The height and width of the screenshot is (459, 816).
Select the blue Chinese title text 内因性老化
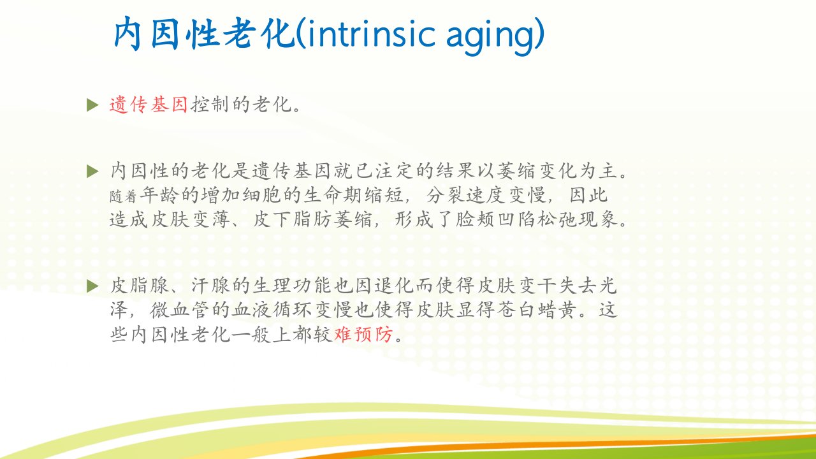click(203, 34)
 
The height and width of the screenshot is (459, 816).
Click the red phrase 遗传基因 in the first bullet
click(149, 105)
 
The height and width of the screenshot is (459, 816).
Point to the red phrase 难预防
click(363, 334)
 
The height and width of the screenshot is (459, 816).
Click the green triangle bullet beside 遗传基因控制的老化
click(92, 105)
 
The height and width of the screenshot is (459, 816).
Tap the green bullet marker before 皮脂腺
click(92, 286)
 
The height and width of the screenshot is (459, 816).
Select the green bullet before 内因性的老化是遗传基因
click(92, 171)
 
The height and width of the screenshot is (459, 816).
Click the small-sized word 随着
click(123, 197)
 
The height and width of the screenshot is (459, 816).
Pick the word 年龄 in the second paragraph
click(159, 195)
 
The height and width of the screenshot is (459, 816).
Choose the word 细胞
click(262, 195)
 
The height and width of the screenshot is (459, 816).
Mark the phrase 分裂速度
click(466, 195)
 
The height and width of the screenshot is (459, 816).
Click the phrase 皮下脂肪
click(292, 219)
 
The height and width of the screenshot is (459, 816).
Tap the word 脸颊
click(475, 219)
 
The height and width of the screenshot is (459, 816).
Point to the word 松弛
click(557, 219)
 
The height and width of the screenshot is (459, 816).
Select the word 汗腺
click(210, 286)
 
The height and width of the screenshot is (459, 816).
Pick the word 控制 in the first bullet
click(210, 105)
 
